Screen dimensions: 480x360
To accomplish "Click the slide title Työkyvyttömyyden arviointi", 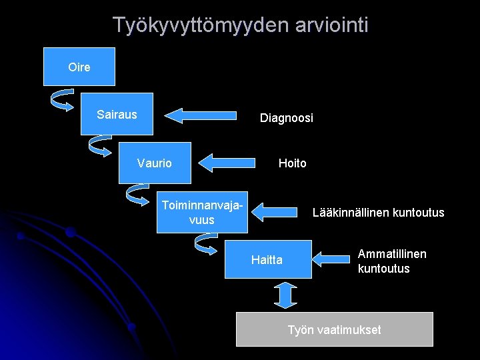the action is (x=240, y=25).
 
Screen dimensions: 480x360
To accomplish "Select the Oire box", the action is (x=79, y=67).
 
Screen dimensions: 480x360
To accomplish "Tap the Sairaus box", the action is (x=117, y=114).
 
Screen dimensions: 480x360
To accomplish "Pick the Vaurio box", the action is (x=155, y=163).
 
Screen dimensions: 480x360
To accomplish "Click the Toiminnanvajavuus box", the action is (x=202, y=213).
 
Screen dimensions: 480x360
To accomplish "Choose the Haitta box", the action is (x=267, y=259).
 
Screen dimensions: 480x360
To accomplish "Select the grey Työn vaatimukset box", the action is (x=334, y=329).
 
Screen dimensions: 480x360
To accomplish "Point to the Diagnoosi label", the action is (x=286, y=118).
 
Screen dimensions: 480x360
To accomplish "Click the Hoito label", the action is (x=292, y=163).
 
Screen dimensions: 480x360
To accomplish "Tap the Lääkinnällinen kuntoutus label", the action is (x=378, y=213).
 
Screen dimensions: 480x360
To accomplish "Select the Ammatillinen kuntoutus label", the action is (x=392, y=261).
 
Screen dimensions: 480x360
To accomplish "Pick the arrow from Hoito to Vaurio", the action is (x=228, y=163).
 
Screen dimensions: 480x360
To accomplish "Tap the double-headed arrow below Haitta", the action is (x=285, y=295).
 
